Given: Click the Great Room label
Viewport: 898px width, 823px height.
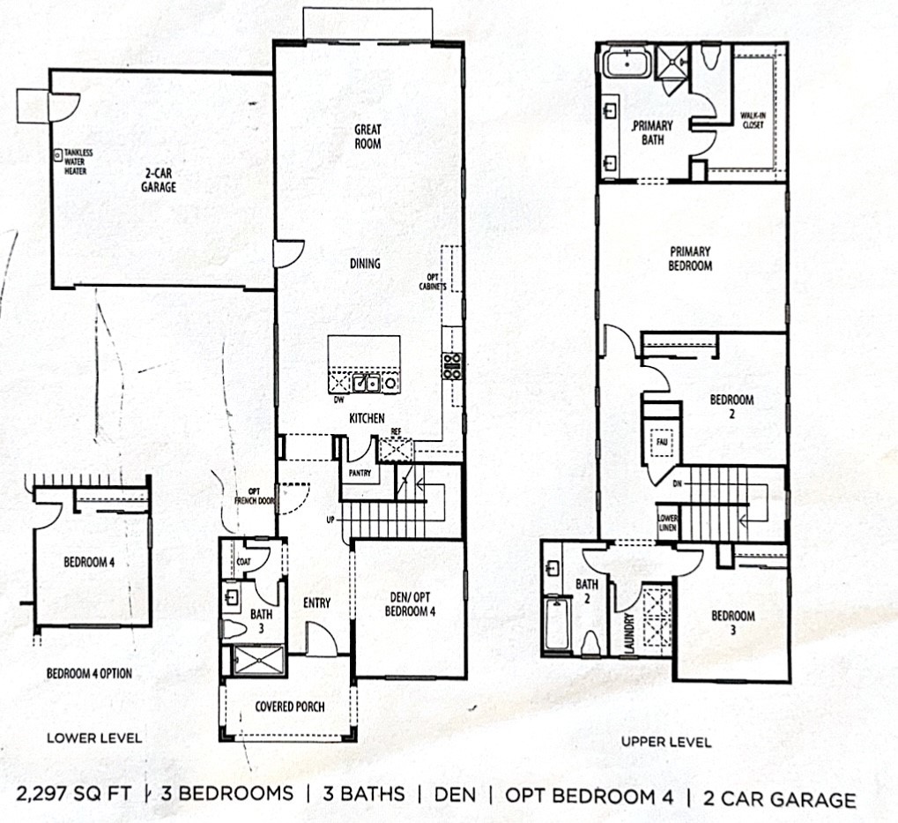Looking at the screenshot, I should [x=367, y=136].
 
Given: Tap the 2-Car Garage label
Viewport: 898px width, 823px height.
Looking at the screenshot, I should [x=160, y=181].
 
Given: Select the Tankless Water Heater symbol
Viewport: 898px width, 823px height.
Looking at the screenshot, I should [x=57, y=155].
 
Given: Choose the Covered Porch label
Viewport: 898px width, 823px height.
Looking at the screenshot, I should [x=289, y=707].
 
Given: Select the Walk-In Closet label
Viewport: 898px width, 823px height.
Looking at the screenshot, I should [x=752, y=120].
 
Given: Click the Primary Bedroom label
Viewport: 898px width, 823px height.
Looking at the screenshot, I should [x=690, y=258].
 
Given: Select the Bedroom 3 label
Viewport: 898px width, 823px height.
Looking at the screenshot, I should [x=733, y=623].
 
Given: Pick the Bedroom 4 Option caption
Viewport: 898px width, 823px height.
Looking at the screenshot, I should [x=88, y=674].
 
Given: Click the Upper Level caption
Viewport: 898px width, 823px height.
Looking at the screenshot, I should [x=666, y=742].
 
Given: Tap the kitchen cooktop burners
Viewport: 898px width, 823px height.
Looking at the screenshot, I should [x=452, y=365].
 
